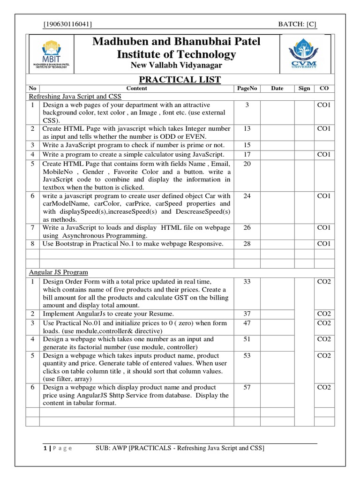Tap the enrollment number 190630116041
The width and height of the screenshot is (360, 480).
[x=67, y=24]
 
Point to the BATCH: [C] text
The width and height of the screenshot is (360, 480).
[x=297, y=24]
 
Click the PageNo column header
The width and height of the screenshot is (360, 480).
[x=247, y=88]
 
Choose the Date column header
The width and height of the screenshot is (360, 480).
[x=277, y=88]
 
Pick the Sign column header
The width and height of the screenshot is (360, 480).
[x=304, y=88]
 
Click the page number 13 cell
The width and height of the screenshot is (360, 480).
[x=247, y=128]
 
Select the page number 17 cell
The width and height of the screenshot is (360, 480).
[x=247, y=154]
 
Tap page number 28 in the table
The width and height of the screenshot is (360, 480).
[x=247, y=244]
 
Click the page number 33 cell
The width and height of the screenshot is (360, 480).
[x=247, y=282]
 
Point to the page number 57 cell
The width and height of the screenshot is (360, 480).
[x=247, y=388]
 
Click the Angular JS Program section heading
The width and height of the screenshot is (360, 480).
[x=59, y=272]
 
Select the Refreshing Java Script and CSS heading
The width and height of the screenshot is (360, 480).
[x=75, y=97]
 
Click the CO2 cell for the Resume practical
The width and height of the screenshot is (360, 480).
[x=324, y=314]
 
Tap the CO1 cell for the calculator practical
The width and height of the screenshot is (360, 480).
[x=324, y=154]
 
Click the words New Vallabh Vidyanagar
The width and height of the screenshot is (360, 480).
[x=176, y=65]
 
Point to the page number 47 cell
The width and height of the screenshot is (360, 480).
[x=247, y=323]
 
